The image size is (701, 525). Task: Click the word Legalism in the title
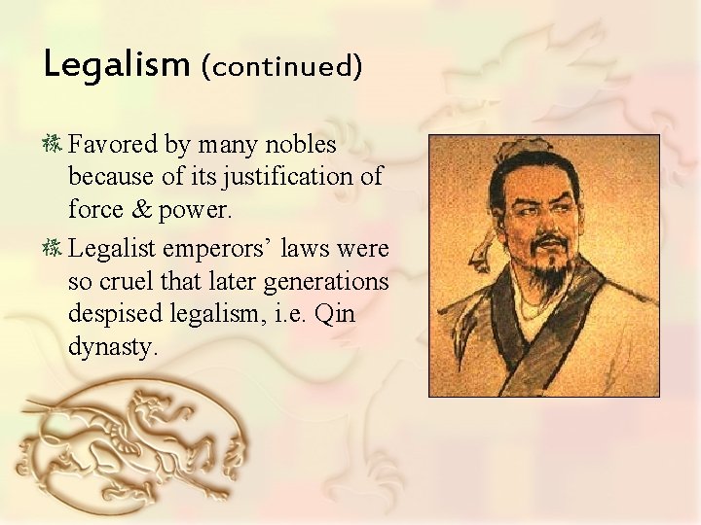pyautogui.click(x=116, y=65)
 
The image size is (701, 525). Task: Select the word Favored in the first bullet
pyautogui.click(x=113, y=146)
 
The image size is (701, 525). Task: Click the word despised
pyautogui.click(x=115, y=315)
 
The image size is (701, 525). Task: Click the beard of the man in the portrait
pyautogui.click(x=550, y=258)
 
